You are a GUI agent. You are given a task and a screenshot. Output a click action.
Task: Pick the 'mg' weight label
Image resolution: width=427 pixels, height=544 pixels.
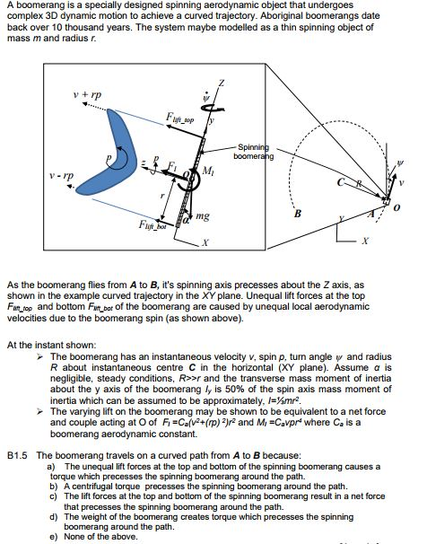click(x=205, y=216)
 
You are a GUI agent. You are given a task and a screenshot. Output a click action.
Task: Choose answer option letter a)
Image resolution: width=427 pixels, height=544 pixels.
click(x=49, y=467)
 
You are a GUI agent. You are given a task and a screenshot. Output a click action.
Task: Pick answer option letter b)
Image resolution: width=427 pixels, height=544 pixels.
click(x=49, y=487)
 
